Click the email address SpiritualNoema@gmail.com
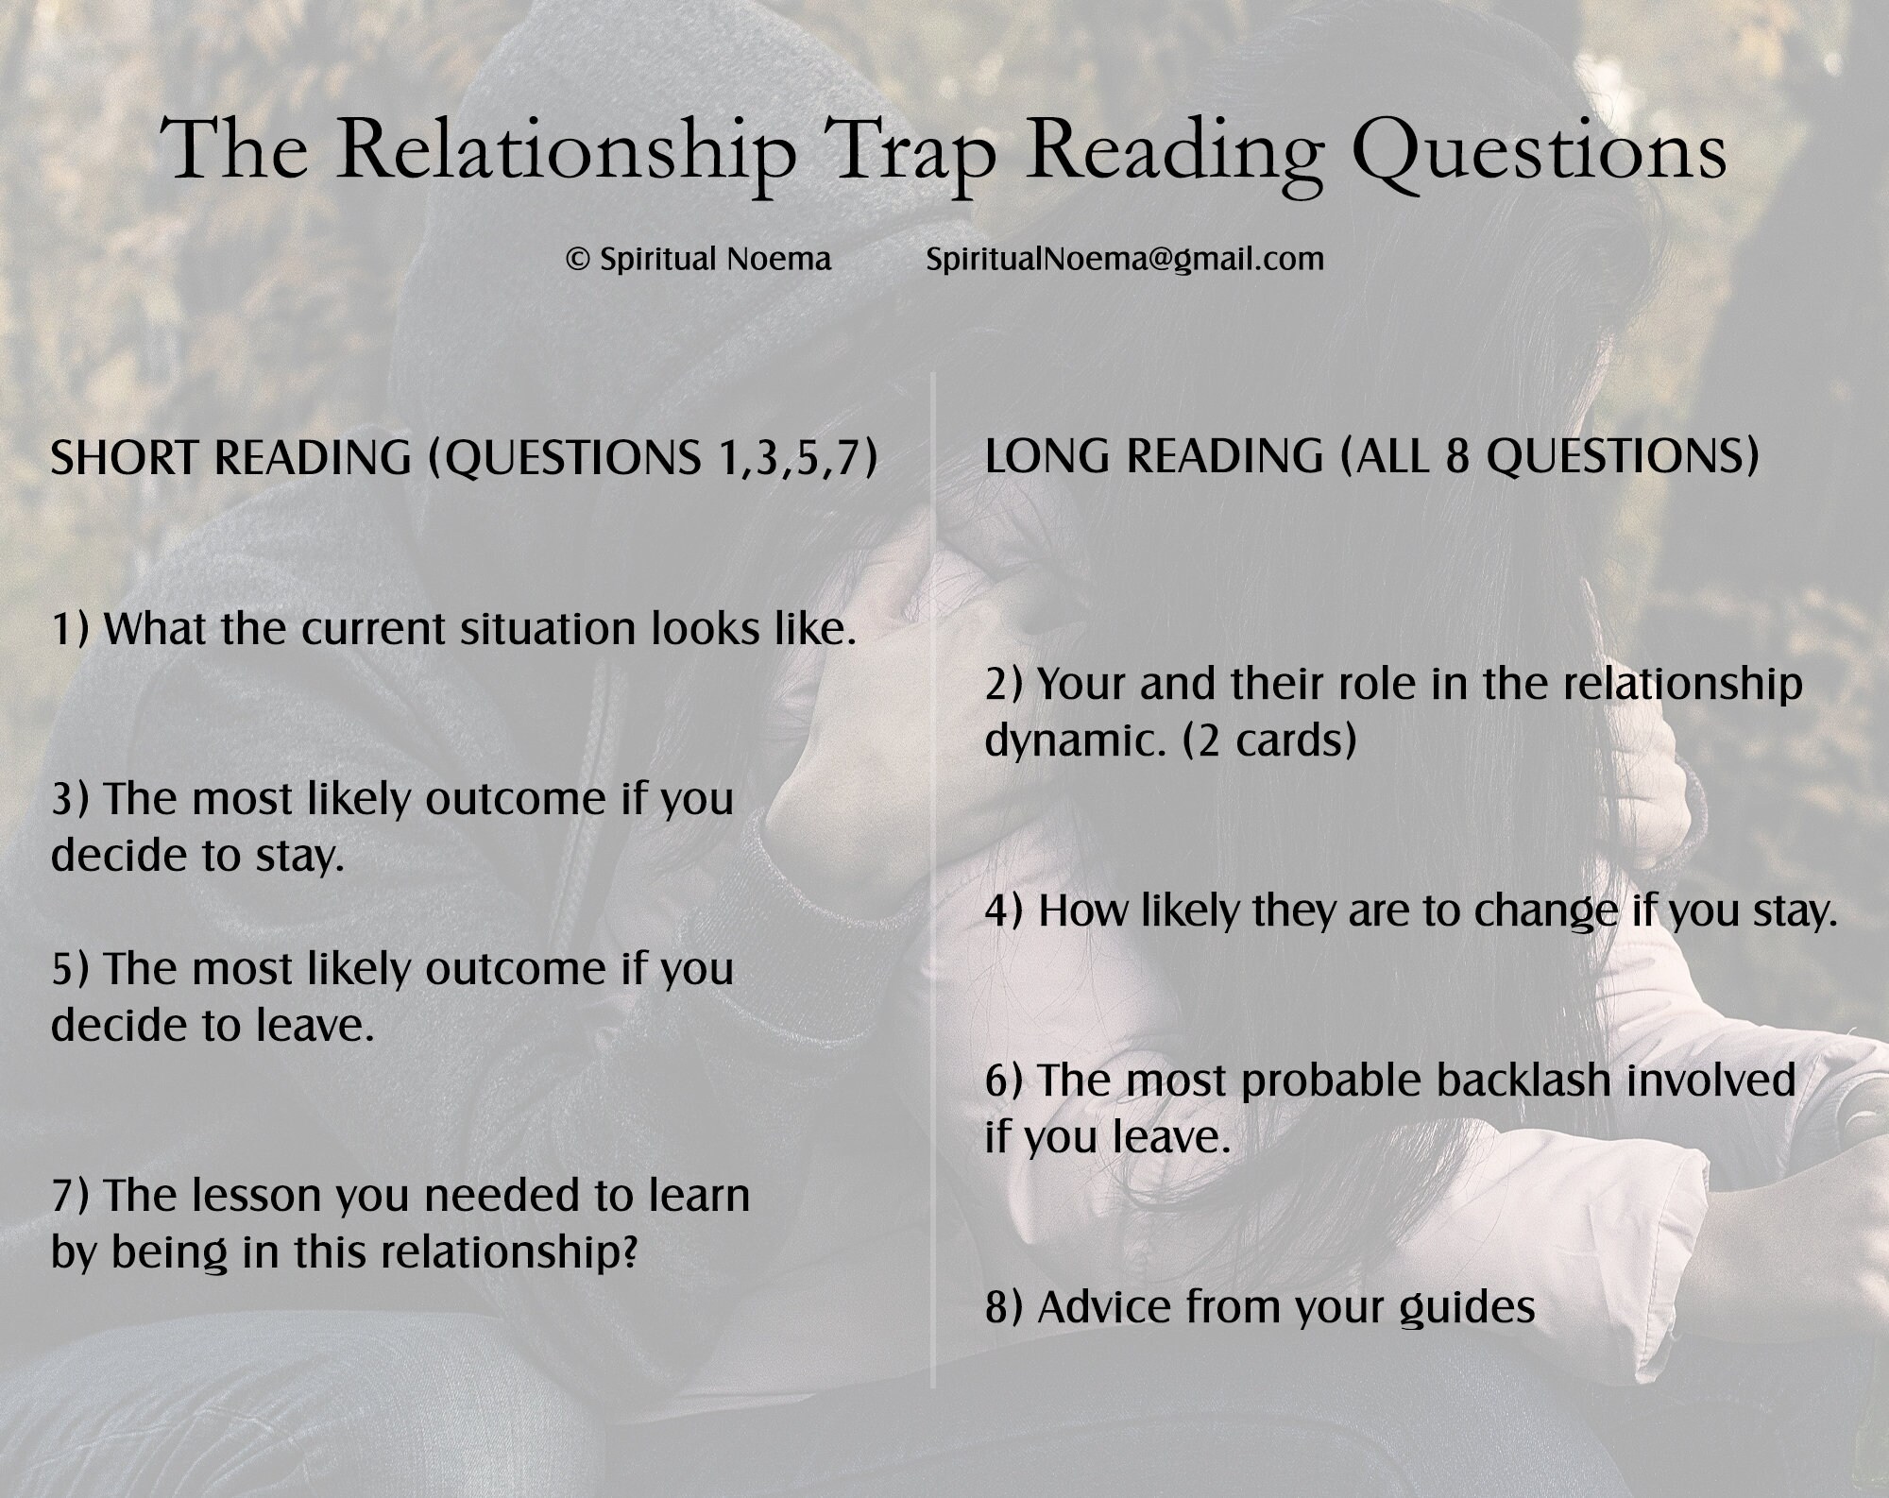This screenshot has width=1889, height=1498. (x=1125, y=260)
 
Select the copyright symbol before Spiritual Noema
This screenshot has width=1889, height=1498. (x=577, y=260)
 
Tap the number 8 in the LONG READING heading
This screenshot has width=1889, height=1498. (x=1457, y=456)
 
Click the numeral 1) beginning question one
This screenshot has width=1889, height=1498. (x=71, y=629)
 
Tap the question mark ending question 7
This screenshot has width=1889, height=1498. (x=627, y=1251)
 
